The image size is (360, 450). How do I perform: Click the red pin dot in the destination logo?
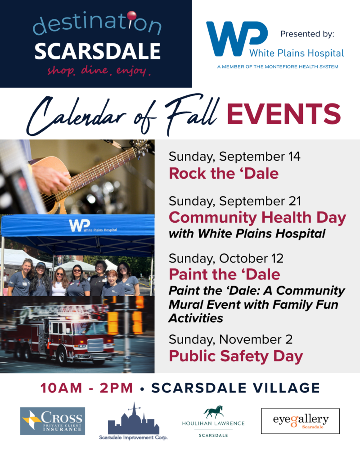(132, 15)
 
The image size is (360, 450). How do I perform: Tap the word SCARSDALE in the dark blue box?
(97, 51)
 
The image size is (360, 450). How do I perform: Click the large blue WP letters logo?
(237, 39)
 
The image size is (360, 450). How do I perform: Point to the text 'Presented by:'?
(307, 34)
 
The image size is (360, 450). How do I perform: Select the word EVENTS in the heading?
(283, 114)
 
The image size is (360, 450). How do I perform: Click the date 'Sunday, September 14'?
(234, 157)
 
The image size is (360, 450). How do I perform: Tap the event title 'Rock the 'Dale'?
(224, 173)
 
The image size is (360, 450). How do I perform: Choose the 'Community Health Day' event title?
(257, 218)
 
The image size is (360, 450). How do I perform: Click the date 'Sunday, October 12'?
(226, 259)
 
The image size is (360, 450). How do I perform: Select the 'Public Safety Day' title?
(236, 356)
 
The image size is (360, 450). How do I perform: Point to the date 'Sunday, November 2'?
(230, 339)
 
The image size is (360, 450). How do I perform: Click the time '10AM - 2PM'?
(86, 388)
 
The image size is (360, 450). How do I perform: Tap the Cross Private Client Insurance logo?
(53, 421)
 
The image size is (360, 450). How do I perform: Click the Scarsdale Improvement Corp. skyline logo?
(134, 421)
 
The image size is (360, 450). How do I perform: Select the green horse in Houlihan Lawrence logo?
(214, 412)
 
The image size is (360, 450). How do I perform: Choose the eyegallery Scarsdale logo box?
(300, 421)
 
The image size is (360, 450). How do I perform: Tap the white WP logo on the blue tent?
(80, 225)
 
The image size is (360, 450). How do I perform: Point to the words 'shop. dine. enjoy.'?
(99, 71)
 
